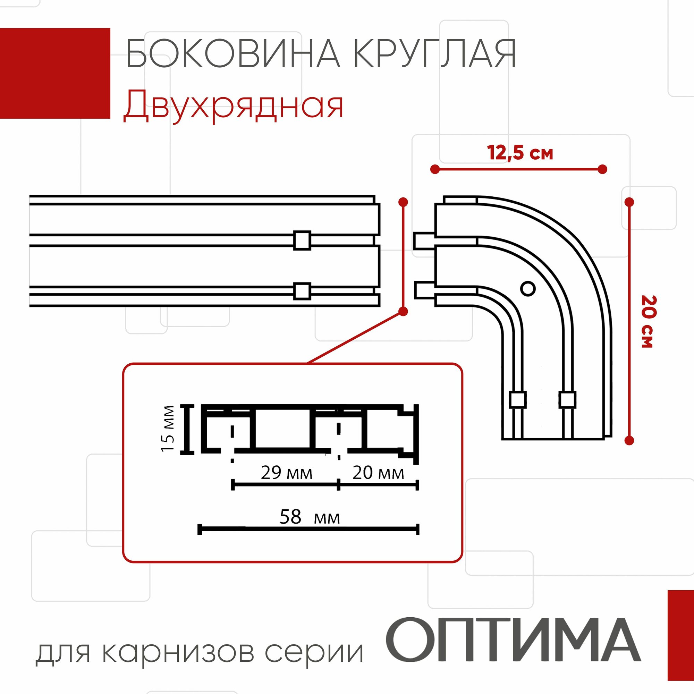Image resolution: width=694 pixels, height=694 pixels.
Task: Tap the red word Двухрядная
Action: point(234,105)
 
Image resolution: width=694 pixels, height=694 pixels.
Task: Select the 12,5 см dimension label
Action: point(520,153)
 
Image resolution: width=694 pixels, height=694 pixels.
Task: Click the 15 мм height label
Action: point(168,429)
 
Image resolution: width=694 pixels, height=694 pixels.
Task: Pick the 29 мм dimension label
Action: point(286,473)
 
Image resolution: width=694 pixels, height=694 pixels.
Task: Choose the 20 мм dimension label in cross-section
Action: point(378,473)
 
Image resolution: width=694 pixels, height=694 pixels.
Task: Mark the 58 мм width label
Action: point(309,517)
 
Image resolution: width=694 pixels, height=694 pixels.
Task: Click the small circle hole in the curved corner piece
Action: point(528,288)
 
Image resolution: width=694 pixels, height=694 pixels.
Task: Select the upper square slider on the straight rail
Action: point(302,240)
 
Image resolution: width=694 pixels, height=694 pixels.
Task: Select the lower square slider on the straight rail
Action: point(302,291)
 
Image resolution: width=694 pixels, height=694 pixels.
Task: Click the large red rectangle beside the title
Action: point(55,73)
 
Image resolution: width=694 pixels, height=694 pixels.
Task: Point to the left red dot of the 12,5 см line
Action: point(435,169)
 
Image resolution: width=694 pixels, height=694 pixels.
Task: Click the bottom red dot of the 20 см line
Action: point(629,440)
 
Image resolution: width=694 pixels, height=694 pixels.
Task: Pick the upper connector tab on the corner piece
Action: point(424,241)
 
